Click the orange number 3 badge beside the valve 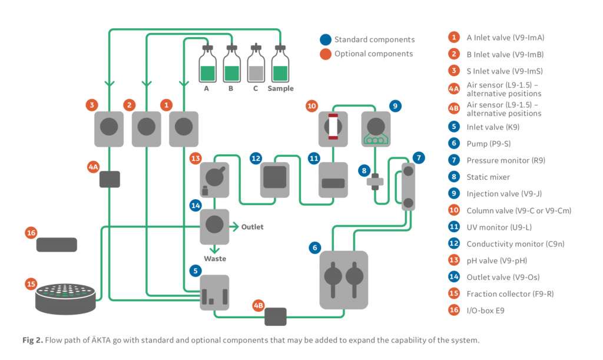tap(91, 105)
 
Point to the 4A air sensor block tap(110, 179)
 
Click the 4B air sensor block tap(275, 316)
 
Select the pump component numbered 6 tap(343, 280)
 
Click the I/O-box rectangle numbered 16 tap(57, 245)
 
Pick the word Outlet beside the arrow tap(252, 227)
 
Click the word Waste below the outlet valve tap(215, 259)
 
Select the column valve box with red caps tap(333, 128)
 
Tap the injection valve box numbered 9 tap(376, 128)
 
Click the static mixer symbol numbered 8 tap(375, 183)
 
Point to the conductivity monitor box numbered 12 tap(274, 179)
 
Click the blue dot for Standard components tap(325, 40)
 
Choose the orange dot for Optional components tap(325, 54)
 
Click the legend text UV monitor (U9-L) tap(498, 227)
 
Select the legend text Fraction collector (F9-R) tap(510, 293)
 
